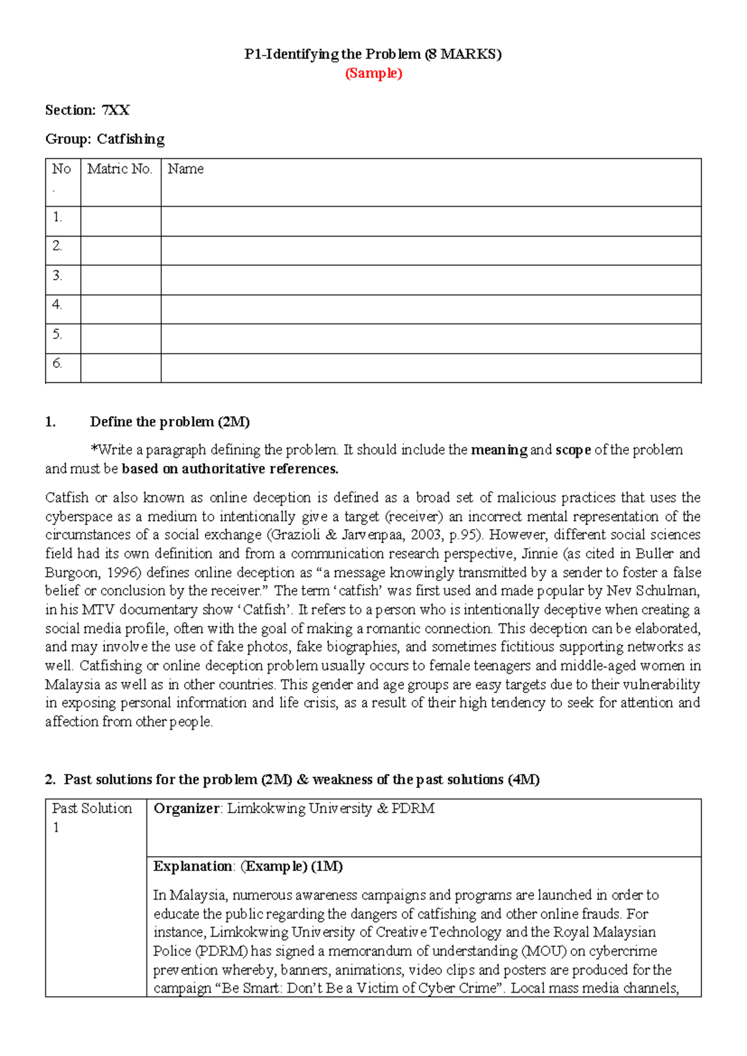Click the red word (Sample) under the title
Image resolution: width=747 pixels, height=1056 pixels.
[x=374, y=73]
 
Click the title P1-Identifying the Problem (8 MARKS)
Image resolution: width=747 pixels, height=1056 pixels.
[x=373, y=54]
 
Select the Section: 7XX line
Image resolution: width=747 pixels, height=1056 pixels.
[x=87, y=110]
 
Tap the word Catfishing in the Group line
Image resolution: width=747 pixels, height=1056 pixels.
[x=131, y=139]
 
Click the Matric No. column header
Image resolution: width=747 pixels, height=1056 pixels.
[x=120, y=169]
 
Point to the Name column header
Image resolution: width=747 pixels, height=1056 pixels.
[x=186, y=169]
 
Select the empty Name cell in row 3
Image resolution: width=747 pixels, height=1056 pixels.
[x=431, y=280]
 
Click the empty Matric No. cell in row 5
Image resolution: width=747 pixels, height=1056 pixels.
[x=121, y=339]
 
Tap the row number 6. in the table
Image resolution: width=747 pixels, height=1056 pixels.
[x=57, y=363]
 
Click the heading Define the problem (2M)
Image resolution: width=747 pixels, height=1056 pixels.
[x=169, y=422]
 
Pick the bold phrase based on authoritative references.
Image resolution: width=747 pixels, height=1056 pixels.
[x=230, y=469]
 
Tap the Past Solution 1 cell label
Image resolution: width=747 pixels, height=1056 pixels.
[x=92, y=817]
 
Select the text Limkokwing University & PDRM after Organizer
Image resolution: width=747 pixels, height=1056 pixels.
[x=331, y=808]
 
